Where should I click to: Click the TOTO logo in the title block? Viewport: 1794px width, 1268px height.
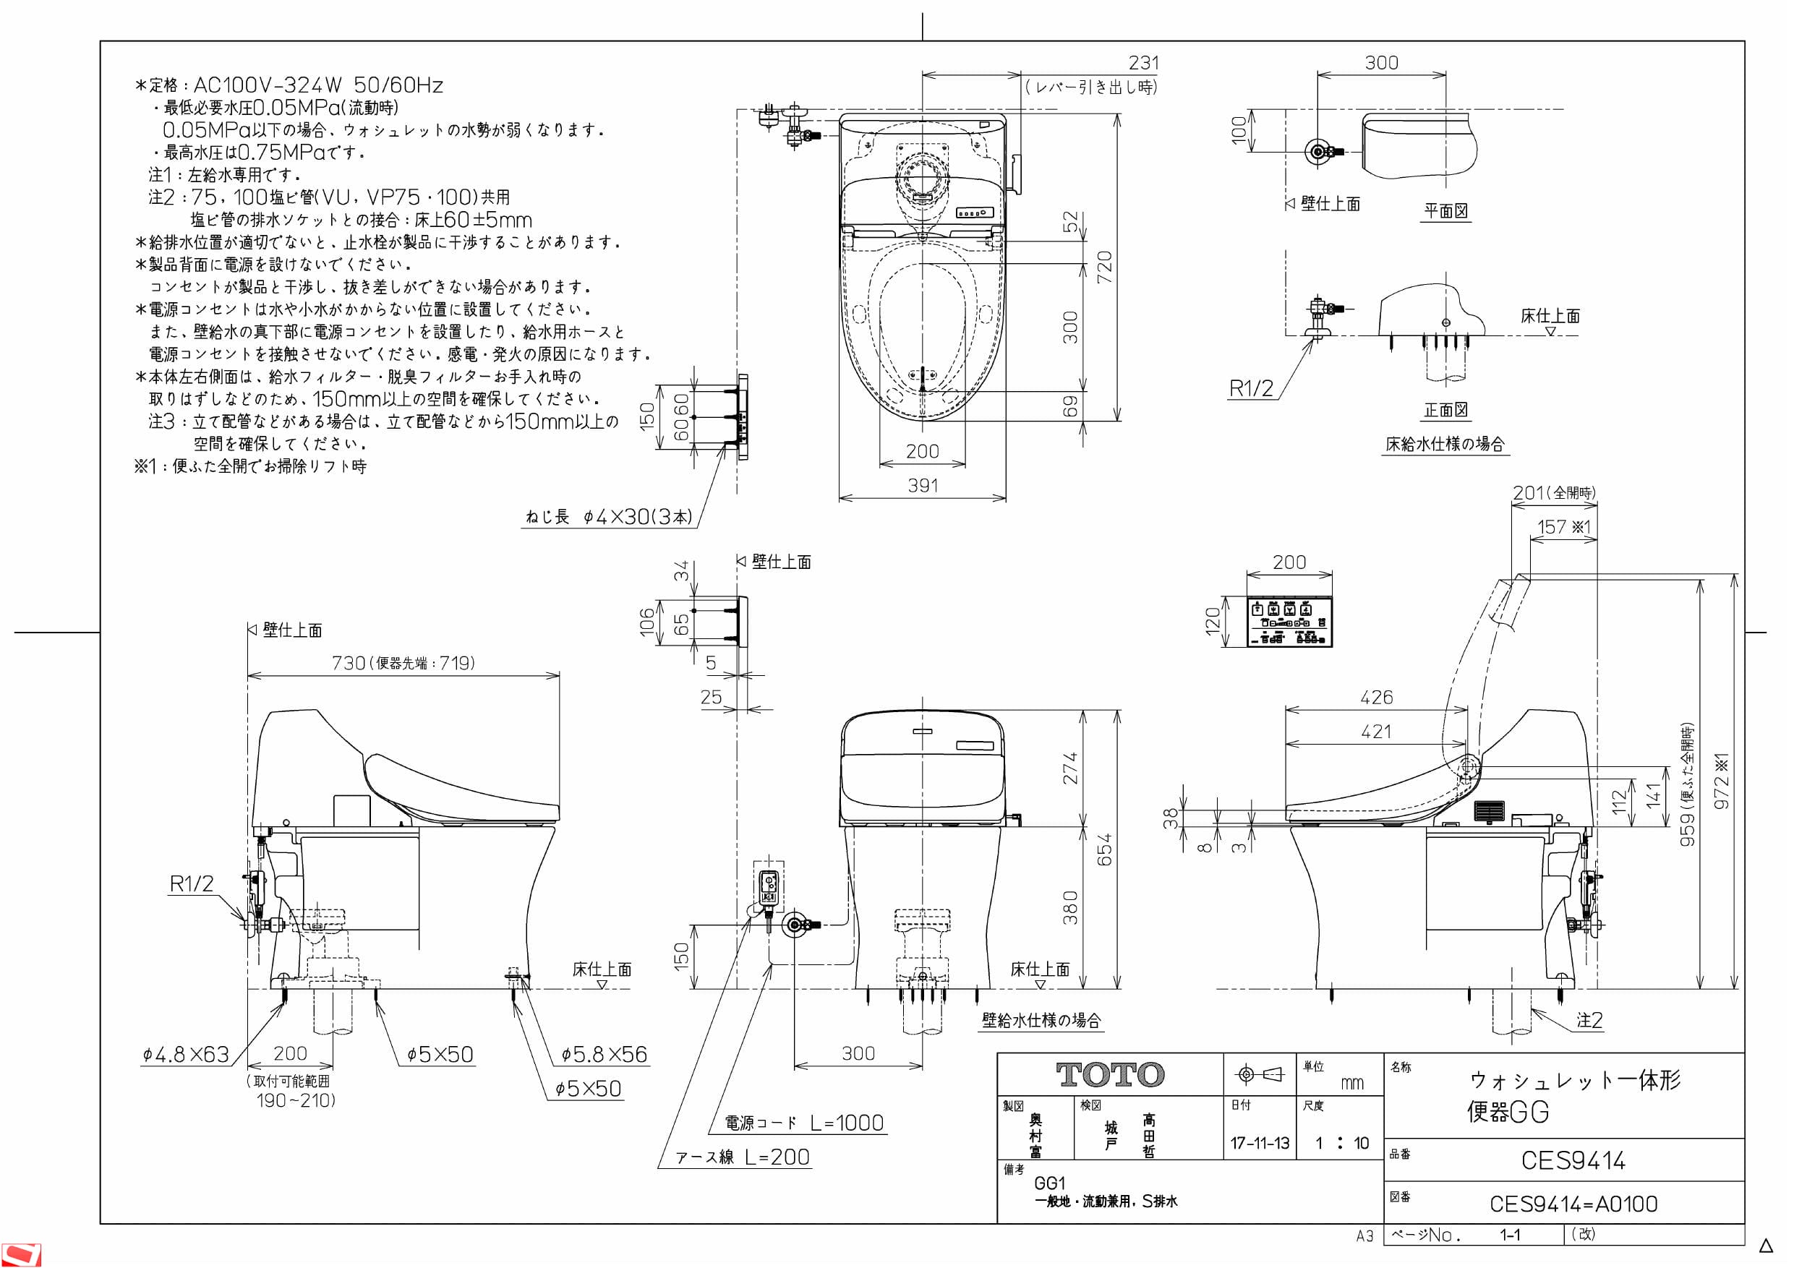tap(1109, 1075)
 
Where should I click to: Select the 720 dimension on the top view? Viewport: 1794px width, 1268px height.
tap(1104, 267)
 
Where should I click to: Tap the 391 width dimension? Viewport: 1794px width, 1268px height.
tap(922, 485)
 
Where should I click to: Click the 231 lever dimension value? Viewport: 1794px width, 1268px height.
tap(1143, 62)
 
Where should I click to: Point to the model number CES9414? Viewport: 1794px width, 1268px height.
tap(1572, 1160)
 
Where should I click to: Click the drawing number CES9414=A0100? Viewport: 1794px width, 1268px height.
tap(1573, 1204)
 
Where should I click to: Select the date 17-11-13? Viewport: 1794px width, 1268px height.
tap(1260, 1143)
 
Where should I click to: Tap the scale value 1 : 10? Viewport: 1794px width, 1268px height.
tap(1341, 1143)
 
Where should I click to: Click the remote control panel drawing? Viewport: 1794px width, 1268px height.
tap(1289, 621)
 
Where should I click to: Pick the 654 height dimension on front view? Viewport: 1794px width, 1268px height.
tap(1104, 849)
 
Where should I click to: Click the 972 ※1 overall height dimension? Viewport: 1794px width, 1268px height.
tap(1722, 781)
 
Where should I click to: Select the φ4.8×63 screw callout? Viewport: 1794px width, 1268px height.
tap(186, 1055)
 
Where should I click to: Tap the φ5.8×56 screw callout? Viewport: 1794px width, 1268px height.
tap(604, 1055)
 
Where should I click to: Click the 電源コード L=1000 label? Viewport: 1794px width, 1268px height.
tap(804, 1123)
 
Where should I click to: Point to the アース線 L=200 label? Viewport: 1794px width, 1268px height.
tap(743, 1157)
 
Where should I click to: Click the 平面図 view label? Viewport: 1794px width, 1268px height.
tap(1445, 211)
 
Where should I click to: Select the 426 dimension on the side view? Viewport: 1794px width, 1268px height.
tap(1376, 697)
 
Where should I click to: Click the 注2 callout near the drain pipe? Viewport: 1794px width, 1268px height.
tap(1589, 1020)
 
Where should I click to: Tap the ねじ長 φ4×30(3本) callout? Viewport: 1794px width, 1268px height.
tap(609, 516)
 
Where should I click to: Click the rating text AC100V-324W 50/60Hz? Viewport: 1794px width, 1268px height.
tap(317, 85)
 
